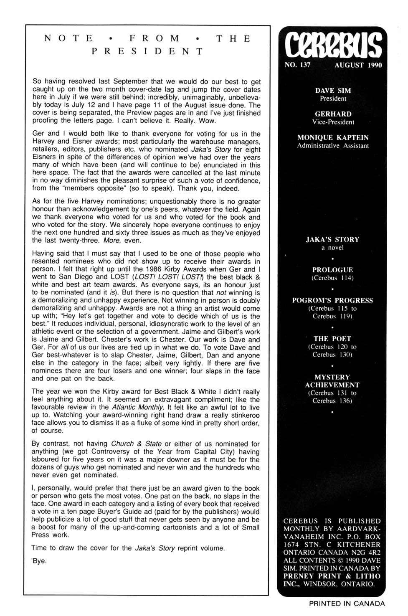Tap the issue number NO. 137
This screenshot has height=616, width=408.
(297, 65)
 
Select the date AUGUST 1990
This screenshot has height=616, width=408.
(358, 65)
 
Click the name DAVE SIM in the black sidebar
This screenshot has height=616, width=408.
(333, 91)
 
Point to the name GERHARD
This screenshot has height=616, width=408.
(333, 114)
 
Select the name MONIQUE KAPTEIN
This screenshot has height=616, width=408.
(333, 137)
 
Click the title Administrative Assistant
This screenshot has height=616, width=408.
(333, 146)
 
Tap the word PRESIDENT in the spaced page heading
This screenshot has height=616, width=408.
(147, 51)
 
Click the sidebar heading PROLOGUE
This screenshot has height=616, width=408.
(332, 270)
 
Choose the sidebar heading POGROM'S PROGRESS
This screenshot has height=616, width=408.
(332, 300)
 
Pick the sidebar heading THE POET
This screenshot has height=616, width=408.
(332, 339)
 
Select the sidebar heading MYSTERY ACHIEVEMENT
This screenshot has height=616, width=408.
(332, 381)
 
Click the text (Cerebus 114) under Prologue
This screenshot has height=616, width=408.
(332, 278)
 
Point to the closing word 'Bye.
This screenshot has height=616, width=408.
(39, 561)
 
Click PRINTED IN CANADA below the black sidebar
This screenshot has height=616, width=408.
(347, 603)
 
